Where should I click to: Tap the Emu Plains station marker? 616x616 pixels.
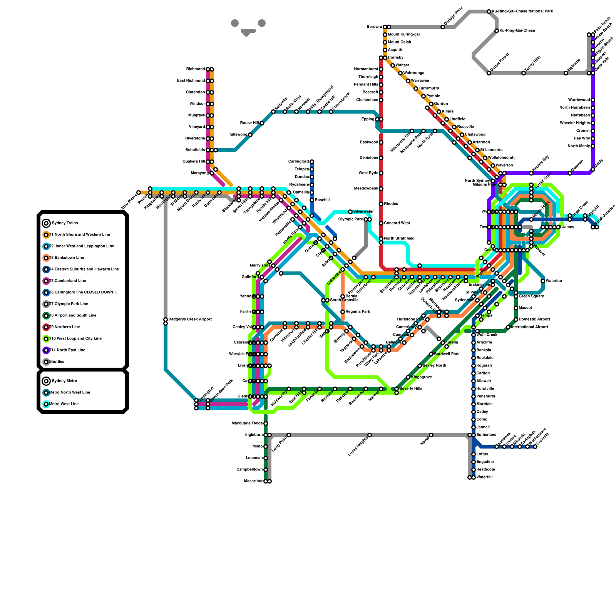[x=139, y=192]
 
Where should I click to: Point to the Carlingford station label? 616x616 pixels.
[x=298, y=162]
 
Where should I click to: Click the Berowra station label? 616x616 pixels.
[x=374, y=27]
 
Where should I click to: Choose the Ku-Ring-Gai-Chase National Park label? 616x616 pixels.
[x=522, y=12]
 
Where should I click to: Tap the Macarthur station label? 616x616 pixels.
[x=253, y=481]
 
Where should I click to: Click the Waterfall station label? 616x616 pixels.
[x=484, y=477]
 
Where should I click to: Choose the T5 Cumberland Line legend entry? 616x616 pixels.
[x=67, y=281]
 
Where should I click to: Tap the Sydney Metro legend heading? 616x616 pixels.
[x=64, y=381]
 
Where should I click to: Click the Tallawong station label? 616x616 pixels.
[x=238, y=135]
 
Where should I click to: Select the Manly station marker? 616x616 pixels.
[x=593, y=169]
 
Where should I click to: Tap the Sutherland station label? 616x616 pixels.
[x=486, y=435]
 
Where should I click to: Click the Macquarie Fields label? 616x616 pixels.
[x=247, y=423]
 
